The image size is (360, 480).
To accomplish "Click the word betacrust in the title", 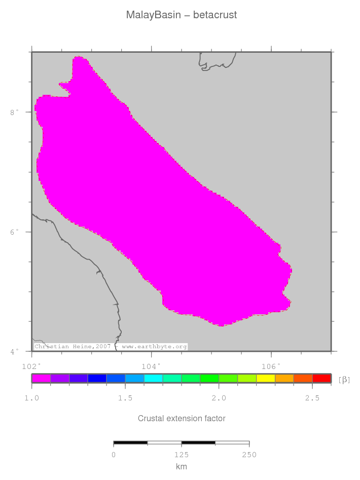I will click(x=215, y=15).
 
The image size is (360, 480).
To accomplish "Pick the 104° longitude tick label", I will click(x=151, y=365).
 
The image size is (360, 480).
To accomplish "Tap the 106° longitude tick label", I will click(x=271, y=365).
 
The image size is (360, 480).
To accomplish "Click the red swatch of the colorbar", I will click(x=321, y=378).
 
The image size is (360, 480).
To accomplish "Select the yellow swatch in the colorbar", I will click(x=266, y=378).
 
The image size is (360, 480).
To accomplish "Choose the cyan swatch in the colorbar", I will click(x=154, y=378).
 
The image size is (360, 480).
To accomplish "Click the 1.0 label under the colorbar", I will click(x=32, y=398).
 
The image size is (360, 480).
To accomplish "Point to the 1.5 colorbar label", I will click(x=125, y=398).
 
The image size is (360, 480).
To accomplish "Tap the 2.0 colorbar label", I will click(x=219, y=398).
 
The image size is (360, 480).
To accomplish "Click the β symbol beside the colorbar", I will click(x=344, y=379).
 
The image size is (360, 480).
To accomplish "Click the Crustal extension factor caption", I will click(x=182, y=419).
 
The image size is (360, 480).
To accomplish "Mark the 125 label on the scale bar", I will click(x=182, y=455).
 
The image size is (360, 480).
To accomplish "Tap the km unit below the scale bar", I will click(x=182, y=466).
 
